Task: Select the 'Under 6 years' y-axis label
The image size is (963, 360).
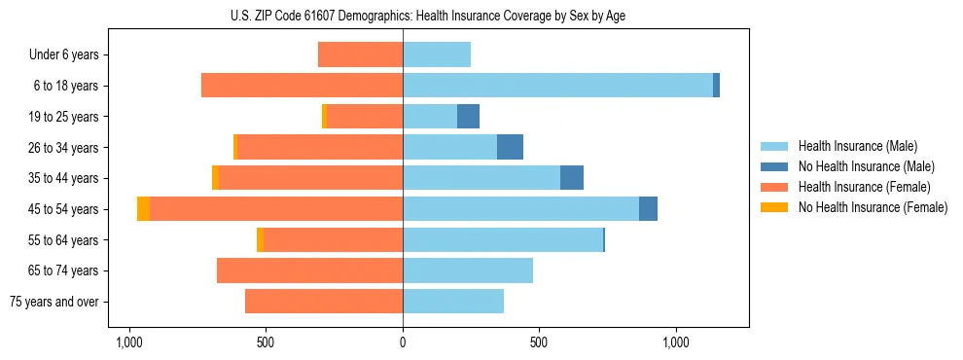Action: tap(64, 54)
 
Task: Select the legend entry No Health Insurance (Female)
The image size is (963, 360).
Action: tap(872, 207)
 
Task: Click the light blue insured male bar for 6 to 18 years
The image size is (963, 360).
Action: tap(557, 86)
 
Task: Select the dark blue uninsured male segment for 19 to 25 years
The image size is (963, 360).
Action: tap(468, 116)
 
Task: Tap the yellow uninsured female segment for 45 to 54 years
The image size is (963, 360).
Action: tap(143, 209)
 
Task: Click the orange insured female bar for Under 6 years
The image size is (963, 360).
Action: tap(360, 54)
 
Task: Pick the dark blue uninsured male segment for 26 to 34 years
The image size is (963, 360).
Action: tap(510, 147)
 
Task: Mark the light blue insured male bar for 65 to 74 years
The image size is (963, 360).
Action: tap(468, 270)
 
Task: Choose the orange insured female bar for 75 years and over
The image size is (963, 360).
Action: tap(324, 302)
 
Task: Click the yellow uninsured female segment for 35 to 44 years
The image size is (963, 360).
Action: tap(215, 178)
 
